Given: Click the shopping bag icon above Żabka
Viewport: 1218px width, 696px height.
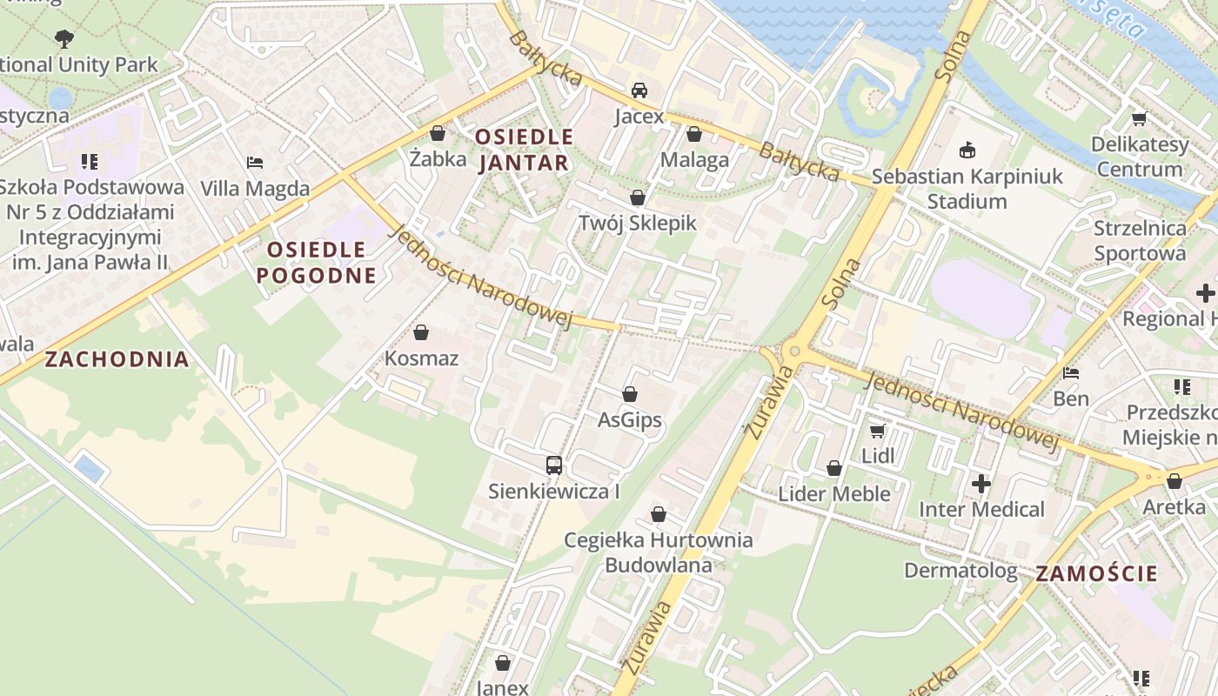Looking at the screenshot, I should tap(437, 133).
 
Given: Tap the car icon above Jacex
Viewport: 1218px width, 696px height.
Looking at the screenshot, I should tap(639, 90).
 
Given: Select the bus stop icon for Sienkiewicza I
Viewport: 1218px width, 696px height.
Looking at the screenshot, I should tap(553, 465).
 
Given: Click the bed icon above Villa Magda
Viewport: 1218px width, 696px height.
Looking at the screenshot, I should tap(254, 163).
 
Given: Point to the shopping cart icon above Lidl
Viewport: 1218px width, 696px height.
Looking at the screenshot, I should tap(877, 431).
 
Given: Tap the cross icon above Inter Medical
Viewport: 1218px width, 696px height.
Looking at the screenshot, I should tap(981, 483).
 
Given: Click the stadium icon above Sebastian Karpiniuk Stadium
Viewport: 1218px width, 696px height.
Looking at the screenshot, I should tap(967, 151).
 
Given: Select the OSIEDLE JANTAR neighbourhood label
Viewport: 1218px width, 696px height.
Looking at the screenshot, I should tap(524, 150).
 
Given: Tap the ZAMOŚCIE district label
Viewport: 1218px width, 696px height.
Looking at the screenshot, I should tap(1096, 573).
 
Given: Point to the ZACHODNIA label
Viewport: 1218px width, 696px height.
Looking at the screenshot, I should tap(117, 359).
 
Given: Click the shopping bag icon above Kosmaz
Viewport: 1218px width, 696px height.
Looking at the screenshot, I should tap(421, 332).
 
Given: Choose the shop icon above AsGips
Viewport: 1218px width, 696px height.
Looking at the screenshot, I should tap(629, 394).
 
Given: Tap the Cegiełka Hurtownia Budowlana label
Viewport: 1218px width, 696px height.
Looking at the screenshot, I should tap(658, 552).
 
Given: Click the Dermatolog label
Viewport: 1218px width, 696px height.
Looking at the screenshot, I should tap(960, 571).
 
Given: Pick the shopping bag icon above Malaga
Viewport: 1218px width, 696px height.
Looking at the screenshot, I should tap(693, 134).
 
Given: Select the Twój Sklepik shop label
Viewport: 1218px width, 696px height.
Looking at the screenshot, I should tap(638, 223).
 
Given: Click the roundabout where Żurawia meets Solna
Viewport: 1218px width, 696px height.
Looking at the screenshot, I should tap(792, 352).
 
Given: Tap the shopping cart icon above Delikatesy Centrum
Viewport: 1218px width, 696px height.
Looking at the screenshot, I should tap(1139, 118).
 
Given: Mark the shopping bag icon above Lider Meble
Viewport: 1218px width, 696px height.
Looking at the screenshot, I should tap(833, 468).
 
